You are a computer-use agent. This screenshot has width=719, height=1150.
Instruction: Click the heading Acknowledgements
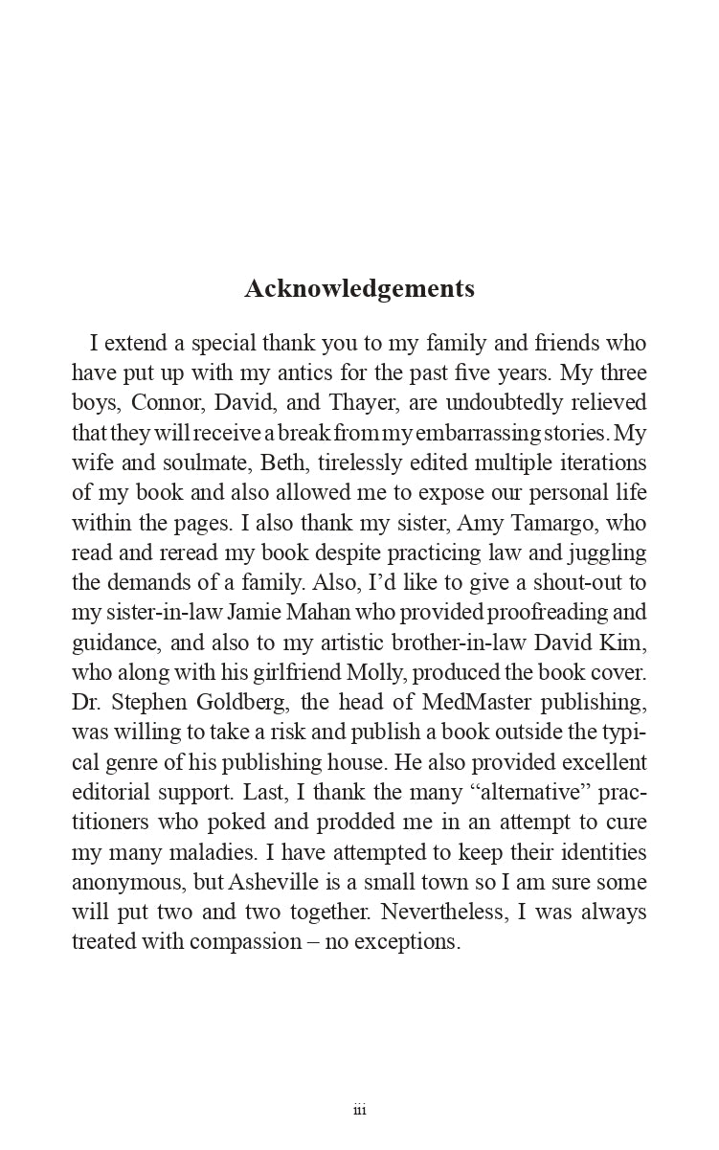(x=359, y=288)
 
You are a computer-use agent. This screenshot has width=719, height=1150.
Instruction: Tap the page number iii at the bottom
(x=359, y=1110)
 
